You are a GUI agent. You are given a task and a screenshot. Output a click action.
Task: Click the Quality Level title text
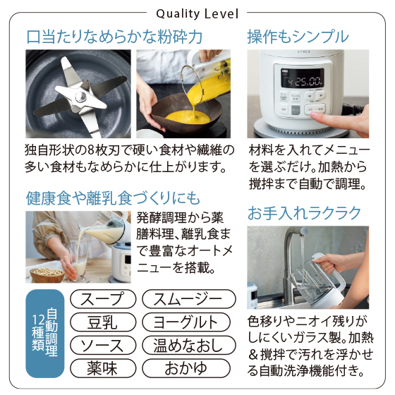coord(197,13)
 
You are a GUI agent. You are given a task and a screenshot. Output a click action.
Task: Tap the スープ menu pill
coord(103,299)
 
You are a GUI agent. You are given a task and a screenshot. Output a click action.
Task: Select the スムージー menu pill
coord(189,299)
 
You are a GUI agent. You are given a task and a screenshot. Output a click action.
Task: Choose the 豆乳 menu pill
coord(103,322)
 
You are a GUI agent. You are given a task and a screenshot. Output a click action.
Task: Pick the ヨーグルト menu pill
coord(186,322)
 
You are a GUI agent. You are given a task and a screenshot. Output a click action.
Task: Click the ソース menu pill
coord(103,345)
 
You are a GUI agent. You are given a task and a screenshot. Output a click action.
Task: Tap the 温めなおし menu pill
coord(189,345)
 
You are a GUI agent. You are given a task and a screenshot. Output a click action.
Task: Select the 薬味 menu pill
coord(103,368)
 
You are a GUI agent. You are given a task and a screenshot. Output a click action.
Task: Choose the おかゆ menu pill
coord(186,368)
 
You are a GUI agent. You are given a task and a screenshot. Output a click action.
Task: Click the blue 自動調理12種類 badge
coord(45,334)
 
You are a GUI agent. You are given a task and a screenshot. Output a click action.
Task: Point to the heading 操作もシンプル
coord(298,37)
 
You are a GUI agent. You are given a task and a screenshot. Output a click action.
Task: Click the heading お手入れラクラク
coord(304,213)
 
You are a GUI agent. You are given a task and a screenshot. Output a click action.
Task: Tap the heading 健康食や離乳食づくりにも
coord(113,198)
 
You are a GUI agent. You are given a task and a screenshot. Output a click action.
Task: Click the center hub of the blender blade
coord(81,97)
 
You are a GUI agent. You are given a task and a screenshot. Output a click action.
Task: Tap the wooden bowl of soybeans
coord(47,275)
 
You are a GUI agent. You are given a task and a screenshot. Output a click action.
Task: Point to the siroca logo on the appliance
coord(303,51)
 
